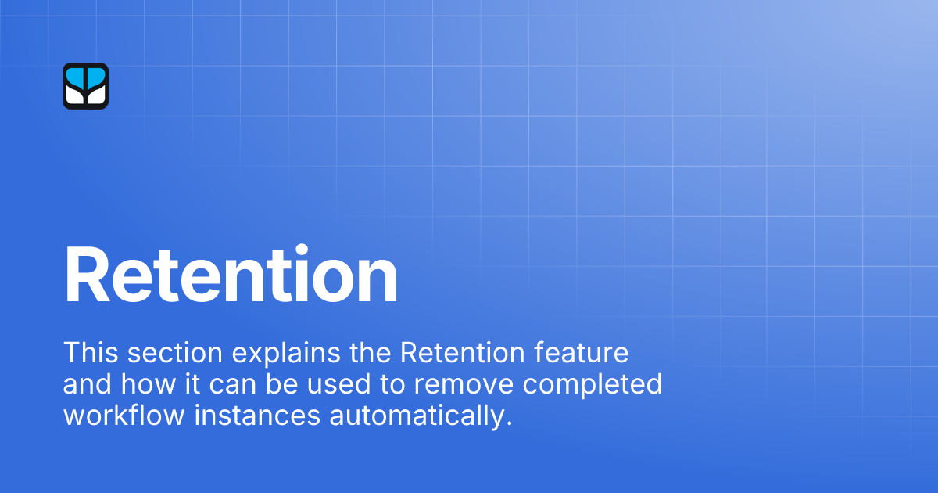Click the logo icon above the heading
click(x=85, y=85)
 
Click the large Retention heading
click(x=231, y=275)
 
